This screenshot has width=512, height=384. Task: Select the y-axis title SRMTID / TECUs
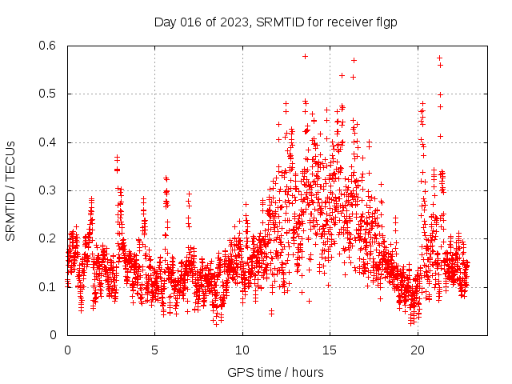pos(10,190)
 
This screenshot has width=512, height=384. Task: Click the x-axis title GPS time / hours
pos(275,372)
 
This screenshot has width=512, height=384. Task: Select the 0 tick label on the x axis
pos(67,350)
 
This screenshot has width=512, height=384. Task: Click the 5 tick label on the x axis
pos(155,350)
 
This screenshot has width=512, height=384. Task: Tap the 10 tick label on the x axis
pos(242,350)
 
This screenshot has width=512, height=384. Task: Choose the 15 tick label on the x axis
pos(330,350)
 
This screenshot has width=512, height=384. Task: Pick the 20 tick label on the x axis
pos(418,350)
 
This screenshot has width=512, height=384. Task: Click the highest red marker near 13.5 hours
pos(305,56)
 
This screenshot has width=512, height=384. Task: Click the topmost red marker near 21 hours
pos(439,58)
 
